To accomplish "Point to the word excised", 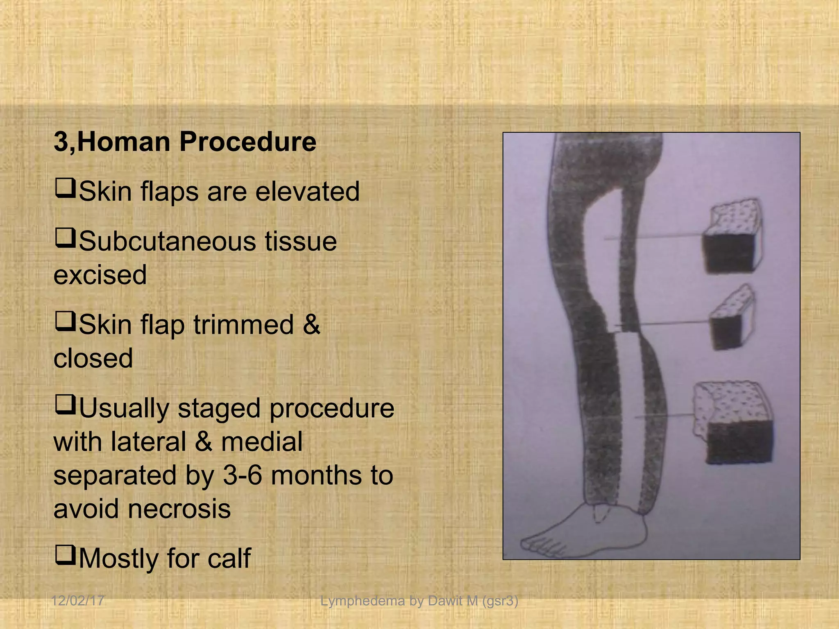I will tap(100, 275).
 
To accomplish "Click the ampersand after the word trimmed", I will tap(311, 325).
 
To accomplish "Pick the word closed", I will tap(93, 358).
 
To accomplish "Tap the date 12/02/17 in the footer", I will tap(77, 601).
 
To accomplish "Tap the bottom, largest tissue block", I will tap(733, 424).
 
